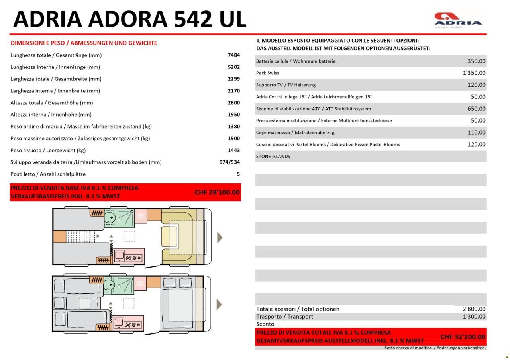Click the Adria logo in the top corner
point(458,20)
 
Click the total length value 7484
point(234,55)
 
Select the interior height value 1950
point(234,115)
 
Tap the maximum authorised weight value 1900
point(234,139)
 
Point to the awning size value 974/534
point(229,162)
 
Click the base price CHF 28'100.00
point(217,192)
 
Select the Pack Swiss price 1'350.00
point(474,73)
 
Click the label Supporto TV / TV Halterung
point(286,85)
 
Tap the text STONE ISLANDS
point(273,157)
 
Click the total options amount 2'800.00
point(474,309)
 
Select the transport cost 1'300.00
point(474,317)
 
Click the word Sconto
point(265,324)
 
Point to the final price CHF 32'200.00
point(463,337)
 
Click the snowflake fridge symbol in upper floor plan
point(140,216)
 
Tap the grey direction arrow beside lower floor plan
point(219,305)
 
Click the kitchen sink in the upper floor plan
point(119,256)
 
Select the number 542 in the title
point(193,19)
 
